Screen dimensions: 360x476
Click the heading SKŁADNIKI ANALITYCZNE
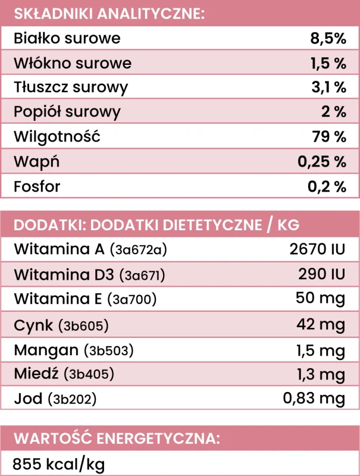pyautogui.click(x=109, y=14)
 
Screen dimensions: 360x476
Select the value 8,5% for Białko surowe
pyautogui.click(x=328, y=39)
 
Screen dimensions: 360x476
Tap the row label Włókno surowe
pyautogui.click(x=73, y=63)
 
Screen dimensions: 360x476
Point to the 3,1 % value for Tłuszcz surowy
pyautogui.click(x=328, y=87)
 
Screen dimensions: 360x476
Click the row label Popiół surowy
pyautogui.click(x=67, y=112)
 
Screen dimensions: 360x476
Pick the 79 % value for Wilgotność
pyautogui.click(x=329, y=137)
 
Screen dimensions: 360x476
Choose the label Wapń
pyautogui.click(x=36, y=161)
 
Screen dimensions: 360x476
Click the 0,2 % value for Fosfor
pyautogui.click(x=327, y=186)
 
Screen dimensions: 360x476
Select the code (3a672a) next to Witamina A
pyautogui.click(x=139, y=250)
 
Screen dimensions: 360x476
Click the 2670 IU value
pyautogui.click(x=317, y=249)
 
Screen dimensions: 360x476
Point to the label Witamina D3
pyautogui.click(x=64, y=274)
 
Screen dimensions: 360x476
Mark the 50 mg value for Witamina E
pyautogui.click(x=320, y=299)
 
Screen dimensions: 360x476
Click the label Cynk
pyautogui.click(x=33, y=325)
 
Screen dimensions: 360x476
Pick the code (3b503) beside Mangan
pyautogui.click(x=109, y=350)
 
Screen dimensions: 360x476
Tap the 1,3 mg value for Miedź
pyautogui.click(x=321, y=375)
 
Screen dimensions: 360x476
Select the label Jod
pyautogui.click(x=28, y=398)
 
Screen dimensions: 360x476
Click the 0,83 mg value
pyautogui.click(x=314, y=399)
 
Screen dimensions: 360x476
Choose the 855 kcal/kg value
pyautogui.click(x=58, y=464)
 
